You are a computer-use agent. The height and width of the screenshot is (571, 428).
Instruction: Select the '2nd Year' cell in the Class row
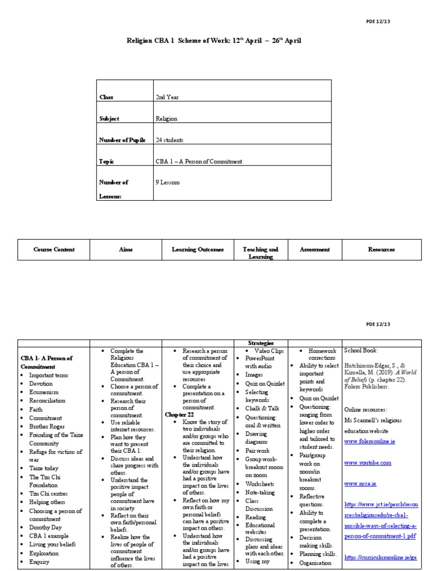tap(167, 97)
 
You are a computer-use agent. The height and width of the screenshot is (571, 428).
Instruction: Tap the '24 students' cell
tap(170, 140)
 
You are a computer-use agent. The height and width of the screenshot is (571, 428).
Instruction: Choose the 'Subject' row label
tap(109, 118)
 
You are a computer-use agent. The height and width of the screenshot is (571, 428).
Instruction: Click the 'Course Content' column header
tap(53, 250)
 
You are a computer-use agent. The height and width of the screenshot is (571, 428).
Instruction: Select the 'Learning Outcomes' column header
tap(197, 250)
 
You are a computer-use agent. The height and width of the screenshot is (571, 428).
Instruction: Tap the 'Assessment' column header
tap(314, 250)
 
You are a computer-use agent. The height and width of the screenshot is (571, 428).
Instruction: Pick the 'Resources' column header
tap(381, 250)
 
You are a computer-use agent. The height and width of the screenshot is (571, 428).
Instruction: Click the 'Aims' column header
tap(125, 250)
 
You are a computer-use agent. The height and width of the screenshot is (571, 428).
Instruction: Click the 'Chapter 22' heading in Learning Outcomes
tap(179, 415)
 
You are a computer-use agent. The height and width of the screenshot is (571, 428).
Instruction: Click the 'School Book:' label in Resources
tap(361, 351)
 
